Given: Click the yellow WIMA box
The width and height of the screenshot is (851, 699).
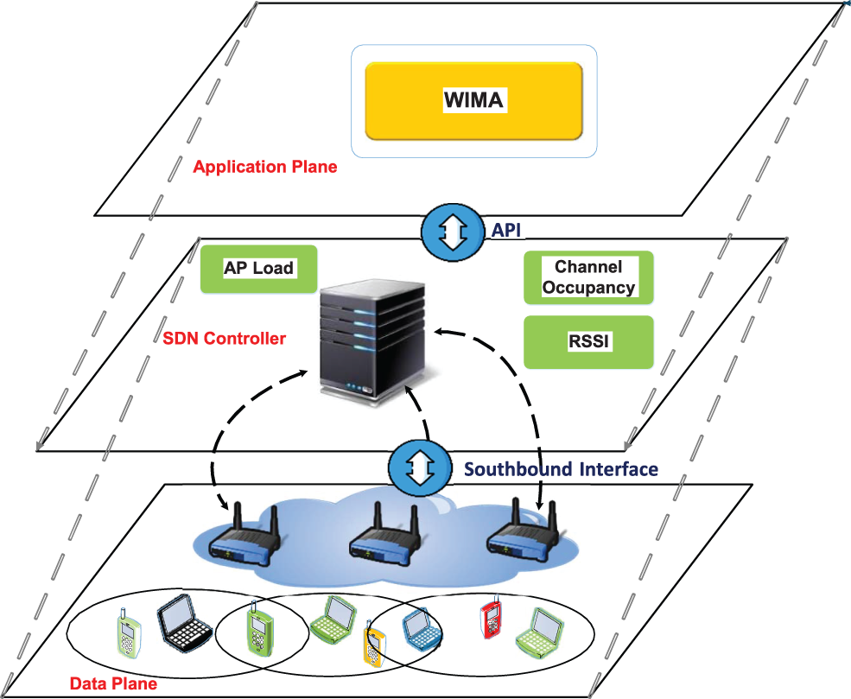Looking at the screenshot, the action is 473,101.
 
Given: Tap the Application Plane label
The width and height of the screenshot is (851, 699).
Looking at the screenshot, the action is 265,167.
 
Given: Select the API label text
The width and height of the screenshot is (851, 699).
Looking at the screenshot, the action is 505,230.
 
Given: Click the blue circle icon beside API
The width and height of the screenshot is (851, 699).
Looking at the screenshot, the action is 453,232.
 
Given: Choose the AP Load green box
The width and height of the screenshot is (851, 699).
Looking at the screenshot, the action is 259,270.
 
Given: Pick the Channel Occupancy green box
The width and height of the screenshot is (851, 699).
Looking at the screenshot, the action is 588,277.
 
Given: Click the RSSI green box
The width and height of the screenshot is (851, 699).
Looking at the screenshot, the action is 588,342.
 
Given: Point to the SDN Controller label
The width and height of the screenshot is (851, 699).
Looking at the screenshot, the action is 224,339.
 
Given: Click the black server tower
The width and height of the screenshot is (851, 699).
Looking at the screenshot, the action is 372,342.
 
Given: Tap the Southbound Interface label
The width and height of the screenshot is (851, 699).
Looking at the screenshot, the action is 562,469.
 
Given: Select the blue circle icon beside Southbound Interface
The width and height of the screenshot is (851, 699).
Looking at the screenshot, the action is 420,467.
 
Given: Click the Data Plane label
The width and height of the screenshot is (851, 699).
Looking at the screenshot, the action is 113,683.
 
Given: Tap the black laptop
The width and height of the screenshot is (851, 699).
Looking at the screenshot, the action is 184,621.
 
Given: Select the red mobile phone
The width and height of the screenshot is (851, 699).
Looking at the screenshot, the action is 491,618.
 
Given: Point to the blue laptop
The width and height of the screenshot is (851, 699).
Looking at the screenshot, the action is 422,630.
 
